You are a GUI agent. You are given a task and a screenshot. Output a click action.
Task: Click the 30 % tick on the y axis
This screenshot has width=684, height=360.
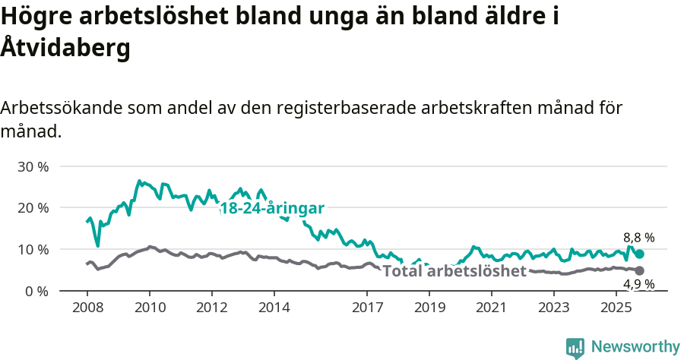click(32, 166)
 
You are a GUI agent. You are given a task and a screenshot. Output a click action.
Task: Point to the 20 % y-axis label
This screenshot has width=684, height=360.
click(32, 208)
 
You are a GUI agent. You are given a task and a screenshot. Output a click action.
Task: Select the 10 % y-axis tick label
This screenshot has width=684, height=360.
click(32, 250)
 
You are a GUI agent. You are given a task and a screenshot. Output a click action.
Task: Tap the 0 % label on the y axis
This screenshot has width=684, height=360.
click(36, 292)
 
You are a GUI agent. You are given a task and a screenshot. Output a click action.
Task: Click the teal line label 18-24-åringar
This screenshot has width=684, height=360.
click(272, 208)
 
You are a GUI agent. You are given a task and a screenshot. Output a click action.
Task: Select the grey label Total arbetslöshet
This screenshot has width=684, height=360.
click(454, 271)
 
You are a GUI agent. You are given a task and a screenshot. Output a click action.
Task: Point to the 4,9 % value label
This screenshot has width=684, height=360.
click(638, 285)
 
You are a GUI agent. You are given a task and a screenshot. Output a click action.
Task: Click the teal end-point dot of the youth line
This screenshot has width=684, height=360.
click(640, 254)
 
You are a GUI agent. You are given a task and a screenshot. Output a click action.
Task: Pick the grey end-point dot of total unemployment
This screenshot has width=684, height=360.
click(640, 270)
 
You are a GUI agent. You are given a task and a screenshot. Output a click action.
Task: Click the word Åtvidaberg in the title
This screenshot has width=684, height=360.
click(65, 47)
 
